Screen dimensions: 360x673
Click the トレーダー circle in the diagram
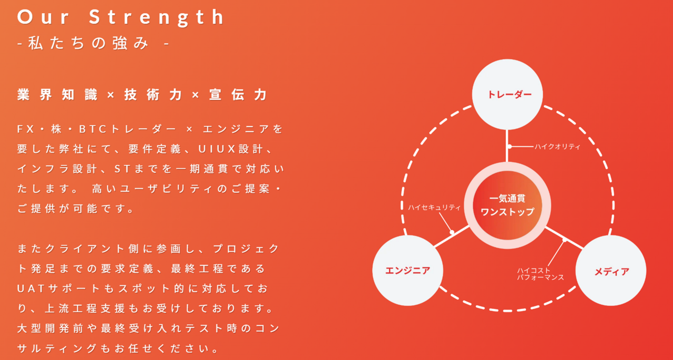(x=507, y=95)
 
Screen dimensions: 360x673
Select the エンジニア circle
(x=407, y=271)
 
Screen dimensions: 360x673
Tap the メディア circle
(x=611, y=271)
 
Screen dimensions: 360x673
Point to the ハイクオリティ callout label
(x=557, y=147)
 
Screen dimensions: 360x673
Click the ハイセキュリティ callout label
(x=434, y=208)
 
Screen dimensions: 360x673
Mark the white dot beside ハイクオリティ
(x=509, y=147)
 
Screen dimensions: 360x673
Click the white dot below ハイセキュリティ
(x=452, y=232)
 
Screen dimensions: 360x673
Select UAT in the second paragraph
(x=33, y=289)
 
